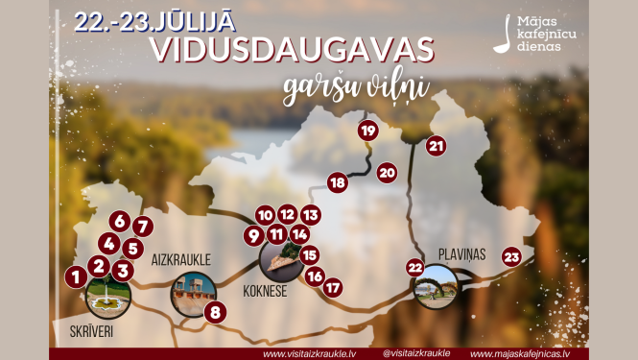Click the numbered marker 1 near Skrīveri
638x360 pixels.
pyautogui.click(x=73, y=276)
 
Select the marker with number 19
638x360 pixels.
pyautogui.click(x=367, y=131)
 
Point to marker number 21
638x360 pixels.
pyautogui.click(x=437, y=146)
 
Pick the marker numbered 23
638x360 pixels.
pyautogui.click(x=511, y=256)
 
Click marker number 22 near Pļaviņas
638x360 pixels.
pyautogui.click(x=415, y=267)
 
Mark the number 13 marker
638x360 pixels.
pyautogui.click(x=310, y=215)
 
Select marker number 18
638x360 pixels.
pyautogui.click(x=337, y=182)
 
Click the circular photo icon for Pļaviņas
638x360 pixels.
pyautogui.click(x=436, y=286)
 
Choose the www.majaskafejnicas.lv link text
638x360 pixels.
pyautogui.click(x=519, y=352)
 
